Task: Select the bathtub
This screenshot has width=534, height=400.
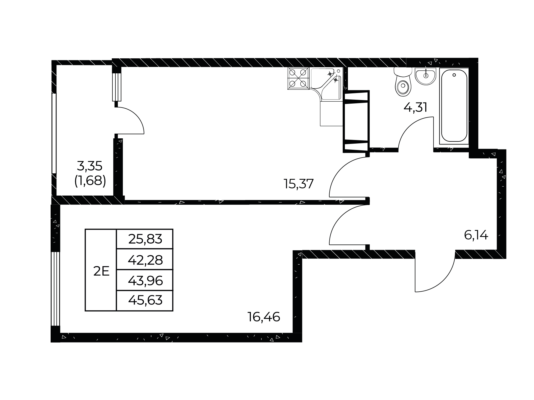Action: point(454,106)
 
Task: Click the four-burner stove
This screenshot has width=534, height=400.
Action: point(298,78)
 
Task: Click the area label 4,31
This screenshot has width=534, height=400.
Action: point(415,107)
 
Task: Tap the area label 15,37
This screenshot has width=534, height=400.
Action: point(298,184)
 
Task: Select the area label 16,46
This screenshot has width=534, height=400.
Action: point(264,317)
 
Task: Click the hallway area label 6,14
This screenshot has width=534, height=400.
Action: point(476,236)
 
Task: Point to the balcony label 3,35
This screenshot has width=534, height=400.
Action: point(90,166)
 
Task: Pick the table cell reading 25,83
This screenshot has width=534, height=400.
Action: point(145,239)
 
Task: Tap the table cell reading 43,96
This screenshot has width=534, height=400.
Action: point(145,280)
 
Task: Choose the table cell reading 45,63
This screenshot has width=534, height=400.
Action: point(145,301)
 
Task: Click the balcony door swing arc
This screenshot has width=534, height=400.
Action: point(136,115)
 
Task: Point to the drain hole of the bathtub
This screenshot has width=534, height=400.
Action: point(454,75)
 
